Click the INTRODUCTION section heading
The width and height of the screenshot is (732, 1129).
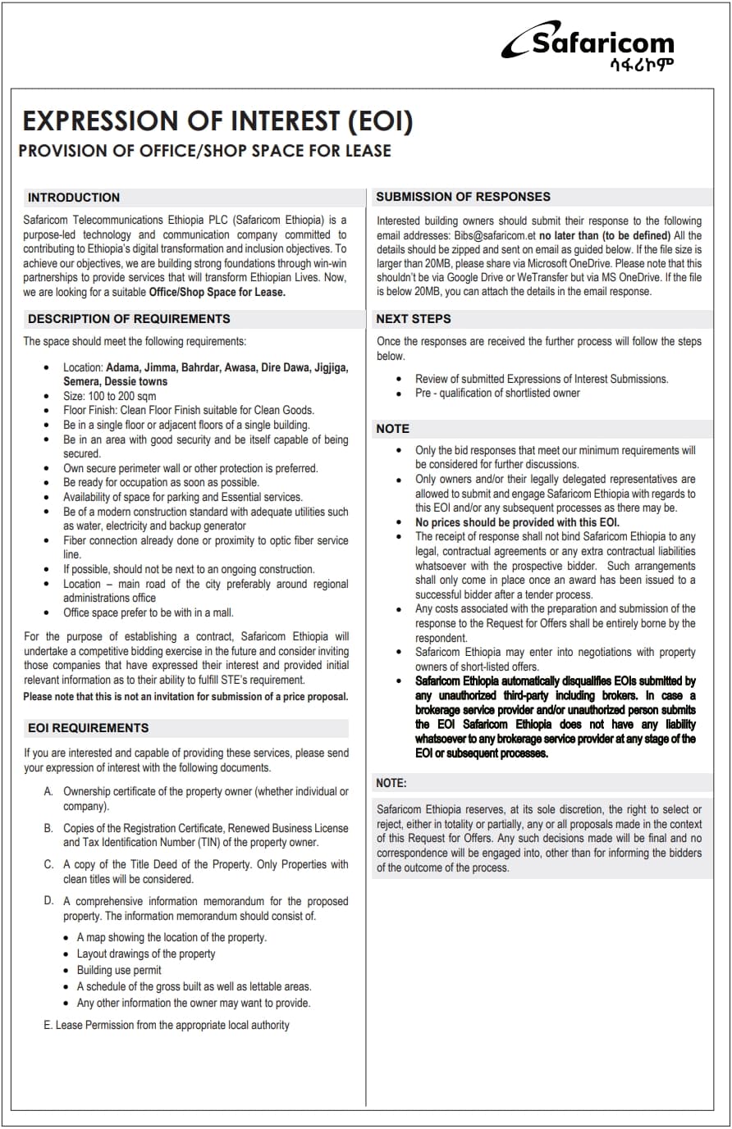(74, 198)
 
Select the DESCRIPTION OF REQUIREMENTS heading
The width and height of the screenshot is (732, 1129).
(129, 319)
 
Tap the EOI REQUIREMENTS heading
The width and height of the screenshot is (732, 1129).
(89, 728)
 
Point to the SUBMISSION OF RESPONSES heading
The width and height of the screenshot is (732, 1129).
(463, 197)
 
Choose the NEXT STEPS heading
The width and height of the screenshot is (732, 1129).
(414, 319)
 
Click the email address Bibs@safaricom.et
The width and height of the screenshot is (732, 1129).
(495, 235)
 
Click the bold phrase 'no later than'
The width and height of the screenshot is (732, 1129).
(570, 235)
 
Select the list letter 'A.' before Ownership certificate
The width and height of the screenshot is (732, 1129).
(48, 791)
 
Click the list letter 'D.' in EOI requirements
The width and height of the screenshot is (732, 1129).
(48, 901)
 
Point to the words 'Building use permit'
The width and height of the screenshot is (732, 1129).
(119, 970)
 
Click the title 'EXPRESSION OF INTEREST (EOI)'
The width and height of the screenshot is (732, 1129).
(217, 121)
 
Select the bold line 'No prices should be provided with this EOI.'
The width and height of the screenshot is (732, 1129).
(517, 522)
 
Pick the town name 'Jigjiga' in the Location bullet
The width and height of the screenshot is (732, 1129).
(331, 367)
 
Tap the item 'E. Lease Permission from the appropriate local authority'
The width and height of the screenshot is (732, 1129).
(167, 1025)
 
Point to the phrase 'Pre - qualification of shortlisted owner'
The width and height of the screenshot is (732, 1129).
(497, 393)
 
